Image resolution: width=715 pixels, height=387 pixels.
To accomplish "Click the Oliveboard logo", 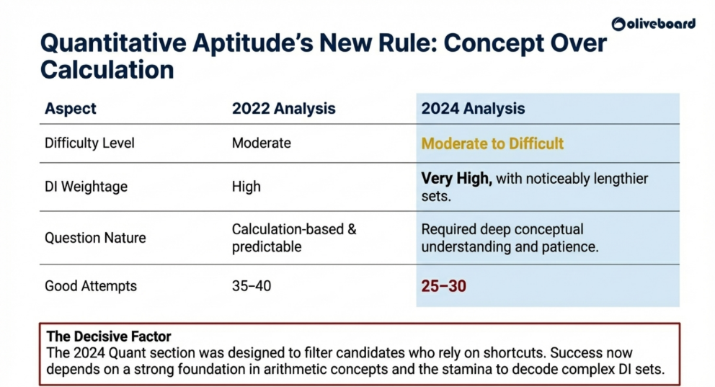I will coord(654,24).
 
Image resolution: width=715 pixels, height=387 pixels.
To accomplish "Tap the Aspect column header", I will coord(71,110).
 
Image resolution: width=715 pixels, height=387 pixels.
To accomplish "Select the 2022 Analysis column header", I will coord(283,110).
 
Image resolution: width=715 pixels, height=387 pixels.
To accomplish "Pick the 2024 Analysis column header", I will coord(473,110).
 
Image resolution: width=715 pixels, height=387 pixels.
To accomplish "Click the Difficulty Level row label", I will coord(89,143).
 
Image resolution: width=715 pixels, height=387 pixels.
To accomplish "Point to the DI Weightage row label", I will coord(86,187).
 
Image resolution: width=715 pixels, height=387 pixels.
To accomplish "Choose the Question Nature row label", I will coord(95,238).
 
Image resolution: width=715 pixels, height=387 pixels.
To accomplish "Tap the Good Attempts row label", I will coord(91,286).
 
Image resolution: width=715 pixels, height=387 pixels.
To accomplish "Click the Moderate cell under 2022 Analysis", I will coord(261,143).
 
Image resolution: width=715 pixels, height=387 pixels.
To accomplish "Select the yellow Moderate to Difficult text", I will coord(492,143).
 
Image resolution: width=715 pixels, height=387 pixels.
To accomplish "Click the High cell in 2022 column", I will coord(246,187).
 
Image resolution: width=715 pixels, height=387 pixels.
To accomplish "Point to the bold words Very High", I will coord(456,179).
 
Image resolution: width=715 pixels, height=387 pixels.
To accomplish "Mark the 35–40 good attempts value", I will coord(251,286).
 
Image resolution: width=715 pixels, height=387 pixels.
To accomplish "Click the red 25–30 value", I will coord(443,286).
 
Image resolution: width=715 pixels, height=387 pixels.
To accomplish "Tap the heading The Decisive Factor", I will coord(109,337).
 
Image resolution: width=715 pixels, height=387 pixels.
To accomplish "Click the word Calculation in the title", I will coord(107,70).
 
